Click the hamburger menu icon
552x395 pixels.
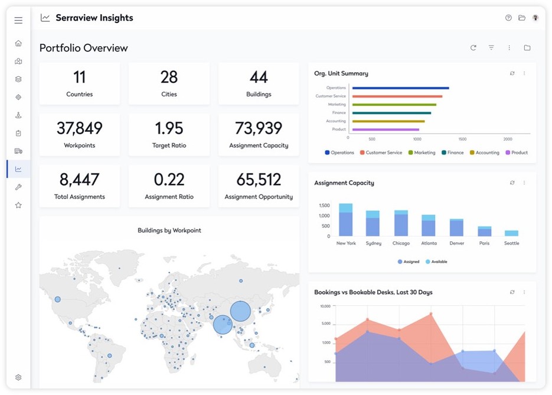pyautogui.click(x=18, y=20)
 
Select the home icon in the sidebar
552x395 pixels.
pyautogui.click(x=18, y=43)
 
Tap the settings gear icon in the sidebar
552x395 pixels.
pyautogui.click(x=18, y=377)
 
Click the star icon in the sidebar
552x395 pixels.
pyautogui.click(x=18, y=205)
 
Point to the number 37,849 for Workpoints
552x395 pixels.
pyautogui.click(x=80, y=128)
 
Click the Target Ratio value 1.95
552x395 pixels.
pyautogui.click(x=169, y=128)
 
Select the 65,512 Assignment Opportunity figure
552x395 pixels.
pyautogui.click(x=259, y=179)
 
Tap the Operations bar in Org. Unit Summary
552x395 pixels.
pyautogui.click(x=400, y=88)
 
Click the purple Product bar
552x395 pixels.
pyautogui.click(x=386, y=129)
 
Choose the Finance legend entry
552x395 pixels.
pyautogui.click(x=453, y=153)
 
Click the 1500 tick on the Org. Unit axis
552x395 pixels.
pyautogui.click(x=462, y=139)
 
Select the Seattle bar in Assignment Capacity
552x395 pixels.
pyautogui.click(x=511, y=233)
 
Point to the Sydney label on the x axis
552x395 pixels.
pyautogui.click(x=373, y=243)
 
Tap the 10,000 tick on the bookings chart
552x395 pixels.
pyautogui.click(x=325, y=306)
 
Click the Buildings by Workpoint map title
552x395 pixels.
pyautogui.click(x=169, y=231)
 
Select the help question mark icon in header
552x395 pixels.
pyautogui.click(x=508, y=18)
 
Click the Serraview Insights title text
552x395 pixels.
pyautogui.click(x=94, y=18)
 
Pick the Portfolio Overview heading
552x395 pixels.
pyautogui.click(x=84, y=48)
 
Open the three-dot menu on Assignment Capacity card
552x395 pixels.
pyautogui.click(x=524, y=183)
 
